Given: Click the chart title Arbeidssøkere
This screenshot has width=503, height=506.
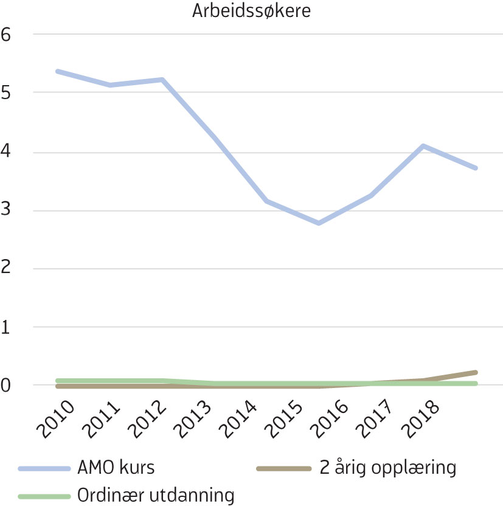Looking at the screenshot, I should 251,12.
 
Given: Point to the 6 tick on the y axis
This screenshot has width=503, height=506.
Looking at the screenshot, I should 7,35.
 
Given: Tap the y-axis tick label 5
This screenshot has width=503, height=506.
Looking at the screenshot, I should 7,92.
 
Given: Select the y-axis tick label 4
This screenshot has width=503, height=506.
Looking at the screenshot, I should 7,151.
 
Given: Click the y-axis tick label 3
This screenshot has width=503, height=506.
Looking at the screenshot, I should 7,210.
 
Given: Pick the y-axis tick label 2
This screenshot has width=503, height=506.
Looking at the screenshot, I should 7,269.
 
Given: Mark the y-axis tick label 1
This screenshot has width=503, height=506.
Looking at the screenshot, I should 7,327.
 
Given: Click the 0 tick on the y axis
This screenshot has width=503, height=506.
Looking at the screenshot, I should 7,386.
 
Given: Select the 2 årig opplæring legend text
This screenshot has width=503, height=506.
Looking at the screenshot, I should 386,468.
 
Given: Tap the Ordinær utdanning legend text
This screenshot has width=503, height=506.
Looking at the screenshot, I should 156,495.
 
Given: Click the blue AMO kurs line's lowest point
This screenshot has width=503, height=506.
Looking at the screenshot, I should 319,223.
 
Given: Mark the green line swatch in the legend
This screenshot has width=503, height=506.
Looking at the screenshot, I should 44,496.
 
